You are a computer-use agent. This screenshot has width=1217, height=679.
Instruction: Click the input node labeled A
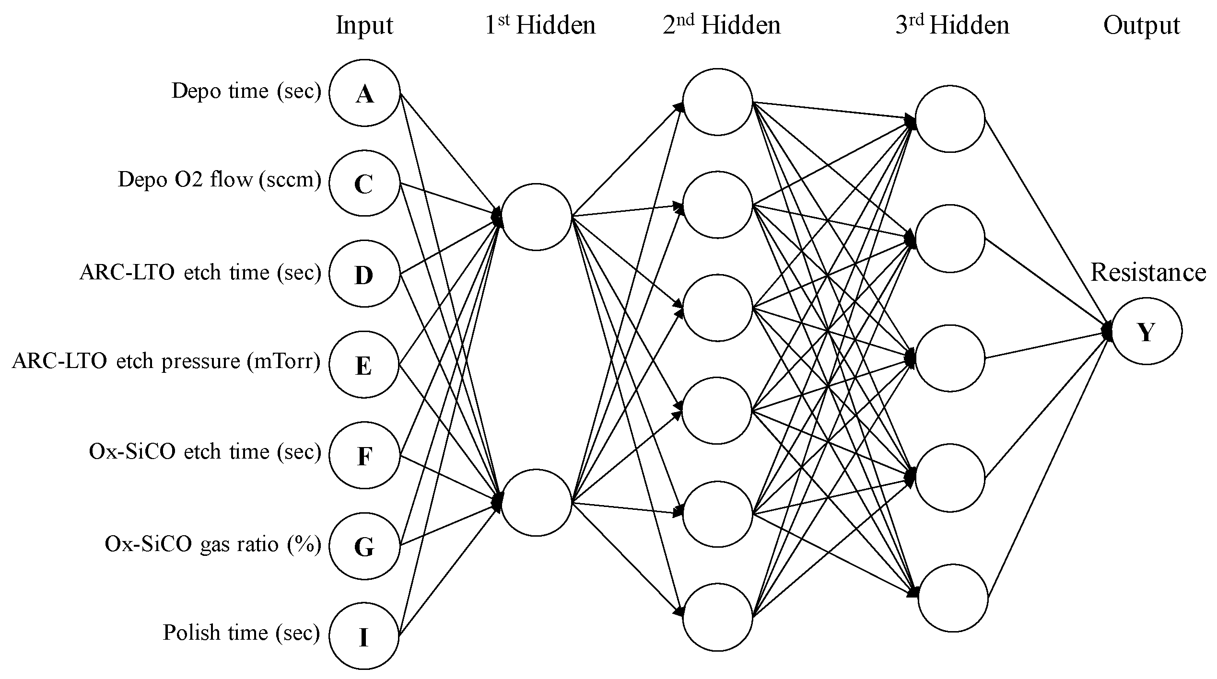(x=364, y=93)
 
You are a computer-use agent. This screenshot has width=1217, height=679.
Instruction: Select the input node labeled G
(x=364, y=546)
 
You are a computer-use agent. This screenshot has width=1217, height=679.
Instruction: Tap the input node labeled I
(x=364, y=637)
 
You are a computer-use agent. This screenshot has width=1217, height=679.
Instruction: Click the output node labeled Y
(x=1146, y=331)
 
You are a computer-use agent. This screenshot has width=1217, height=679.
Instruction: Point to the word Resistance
(x=1148, y=273)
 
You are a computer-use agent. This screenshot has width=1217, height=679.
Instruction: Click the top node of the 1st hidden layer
(x=536, y=217)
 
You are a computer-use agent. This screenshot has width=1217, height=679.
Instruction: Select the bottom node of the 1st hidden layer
(x=536, y=502)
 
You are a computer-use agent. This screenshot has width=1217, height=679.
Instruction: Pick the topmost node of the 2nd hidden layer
(x=717, y=102)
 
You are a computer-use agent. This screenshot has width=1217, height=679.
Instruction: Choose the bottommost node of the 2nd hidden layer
(x=717, y=617)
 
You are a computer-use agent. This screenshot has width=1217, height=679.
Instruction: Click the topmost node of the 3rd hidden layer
(x=950, y=119)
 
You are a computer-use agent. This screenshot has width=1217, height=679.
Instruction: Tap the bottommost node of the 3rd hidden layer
(x=953, y=598)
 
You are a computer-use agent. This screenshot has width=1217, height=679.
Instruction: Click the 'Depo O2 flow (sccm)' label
(x=219, y=180)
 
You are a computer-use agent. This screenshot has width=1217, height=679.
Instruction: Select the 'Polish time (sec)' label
(x=241, y=633)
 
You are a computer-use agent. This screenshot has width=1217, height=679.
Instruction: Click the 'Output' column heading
(x=1141, y=25)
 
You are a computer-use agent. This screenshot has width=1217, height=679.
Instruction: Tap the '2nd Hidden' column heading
(x=722, y=25)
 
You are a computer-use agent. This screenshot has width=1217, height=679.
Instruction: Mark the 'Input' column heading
(x=364, y=25)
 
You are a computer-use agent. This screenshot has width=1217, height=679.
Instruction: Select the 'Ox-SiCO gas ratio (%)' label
(x=212, y=544)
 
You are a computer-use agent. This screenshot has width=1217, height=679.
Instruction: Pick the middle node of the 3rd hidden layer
(x=950, y=357)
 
